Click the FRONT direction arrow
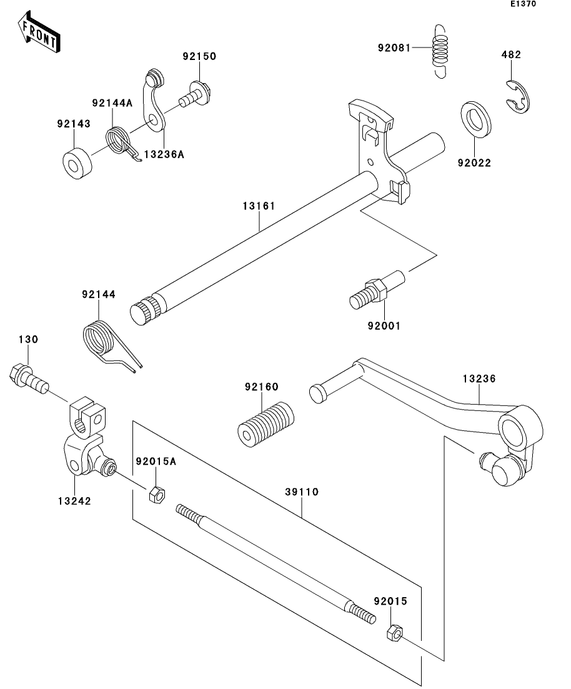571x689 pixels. coord(39,33)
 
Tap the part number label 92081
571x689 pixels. coord(394,47)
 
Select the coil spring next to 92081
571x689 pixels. coord(440,51)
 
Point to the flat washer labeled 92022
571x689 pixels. coord(476,119)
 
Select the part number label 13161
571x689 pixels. coord(259,206)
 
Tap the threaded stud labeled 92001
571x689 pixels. coord(377,290)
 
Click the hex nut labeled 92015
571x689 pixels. coord(394,632)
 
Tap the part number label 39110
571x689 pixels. coord(302,492)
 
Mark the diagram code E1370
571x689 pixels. coord(523,4)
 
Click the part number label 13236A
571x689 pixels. coord(164,154)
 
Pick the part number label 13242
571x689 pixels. coord(74,501)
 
